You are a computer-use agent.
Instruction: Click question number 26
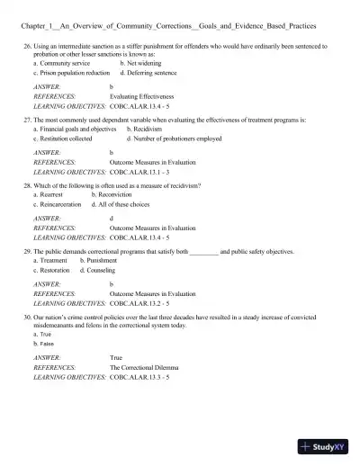tap(29, 45)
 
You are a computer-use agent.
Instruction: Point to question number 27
tap(29, 118)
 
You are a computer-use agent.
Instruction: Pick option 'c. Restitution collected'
tap(62, 139)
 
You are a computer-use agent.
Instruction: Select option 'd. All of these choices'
tap(126, 204)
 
